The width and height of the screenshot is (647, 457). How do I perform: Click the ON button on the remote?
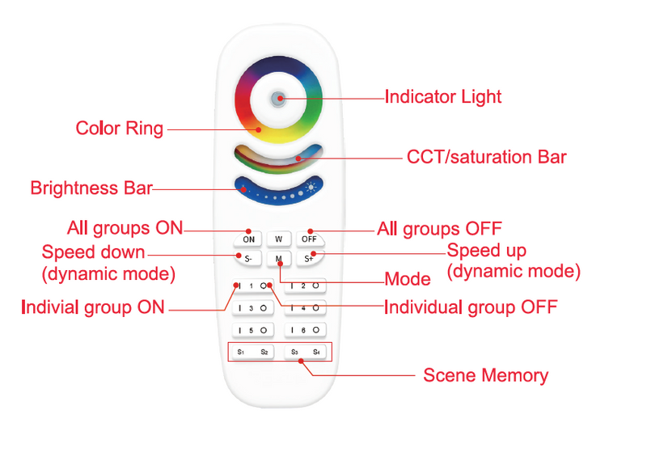tap(248, 239)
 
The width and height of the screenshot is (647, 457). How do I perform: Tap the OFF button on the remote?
tap(309, 239)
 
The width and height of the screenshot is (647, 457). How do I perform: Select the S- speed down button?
tap(248, 259)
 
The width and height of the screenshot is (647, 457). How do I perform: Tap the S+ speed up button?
tap(309, 259)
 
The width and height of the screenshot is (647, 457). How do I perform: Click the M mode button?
tap(279, 259)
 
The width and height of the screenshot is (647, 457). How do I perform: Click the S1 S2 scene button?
tap(253, 353)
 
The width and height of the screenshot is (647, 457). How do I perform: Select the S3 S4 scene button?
tap(307, 353)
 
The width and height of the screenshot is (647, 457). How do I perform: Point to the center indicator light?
tap(279, 98)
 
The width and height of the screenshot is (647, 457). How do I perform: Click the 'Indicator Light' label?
tap(442, 97)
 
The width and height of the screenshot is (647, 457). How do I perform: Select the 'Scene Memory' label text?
tap(485, 376)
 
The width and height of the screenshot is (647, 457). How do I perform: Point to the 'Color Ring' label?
tap(119, 129)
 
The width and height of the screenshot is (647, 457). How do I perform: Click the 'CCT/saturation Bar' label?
tap(486, 157)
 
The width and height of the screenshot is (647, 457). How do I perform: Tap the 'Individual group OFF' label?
tap(470, 307)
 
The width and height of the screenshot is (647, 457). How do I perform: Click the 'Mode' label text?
tap(408, 280)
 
